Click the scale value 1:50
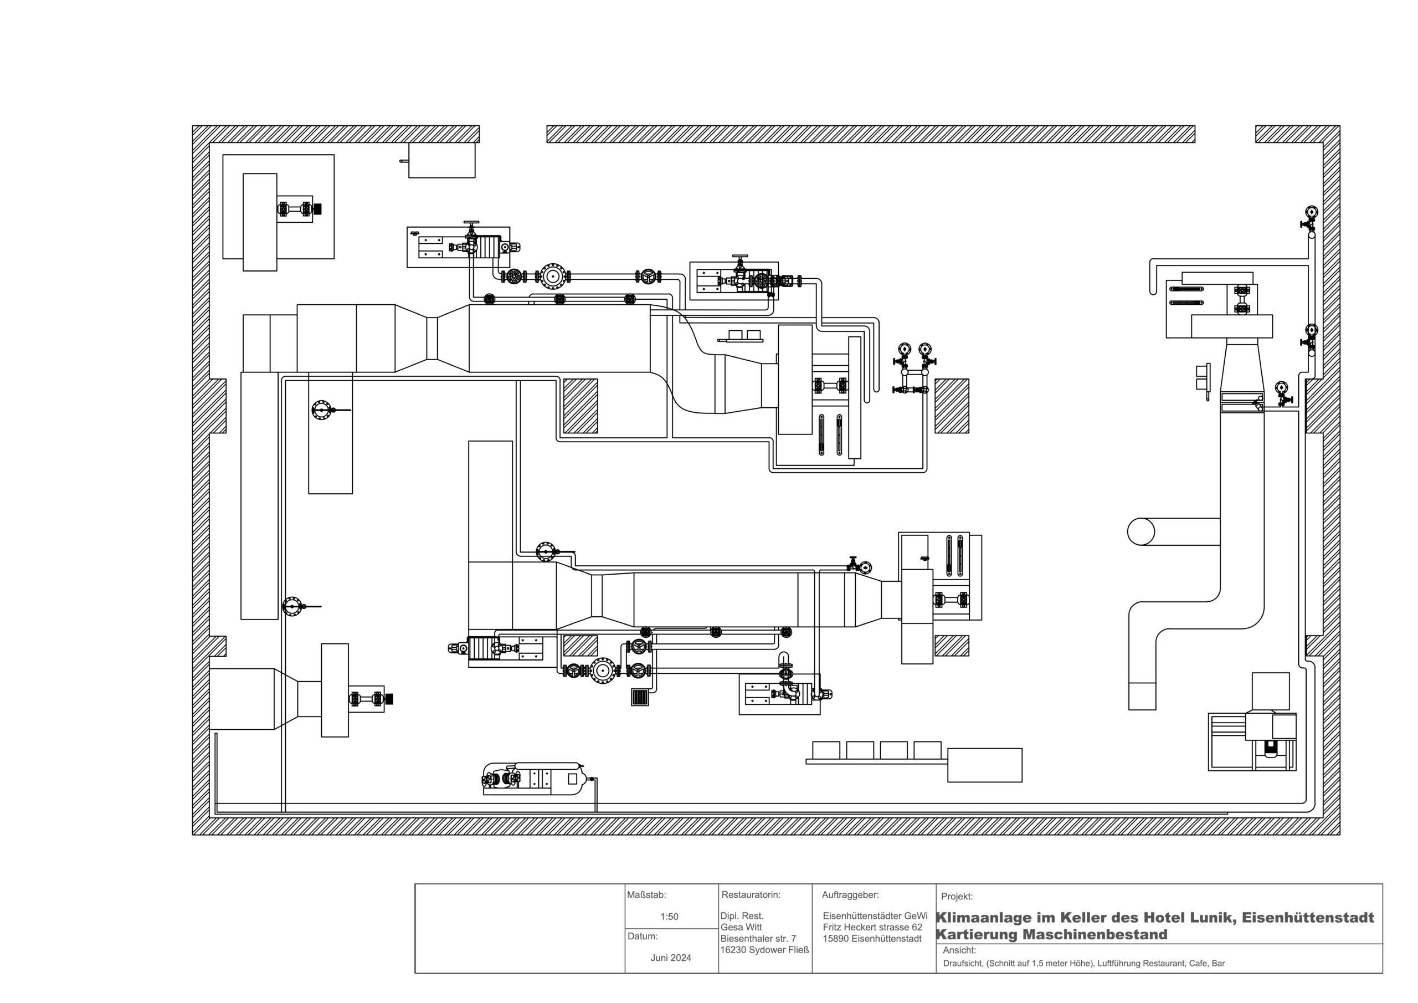[x=669, y=917]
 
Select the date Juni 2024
[x=671, y=958]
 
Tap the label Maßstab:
[x=646, y=895]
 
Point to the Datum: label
[x=643, y=937]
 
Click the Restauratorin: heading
[x=751, y=894]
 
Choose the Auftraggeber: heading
[x=850, y=894]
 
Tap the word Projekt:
[x=957, y=896]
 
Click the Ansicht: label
[x=959, y=950]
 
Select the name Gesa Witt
[x=741, y=927]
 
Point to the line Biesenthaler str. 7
[x=758, y=939]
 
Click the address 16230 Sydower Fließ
[x=764, y=950]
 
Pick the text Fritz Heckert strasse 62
[x=872, y=927]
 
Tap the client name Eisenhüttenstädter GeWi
[x=875, y=916]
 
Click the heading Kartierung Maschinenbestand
[x=1052, y=934]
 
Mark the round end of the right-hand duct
[x=1140, y=531]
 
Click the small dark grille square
[x=640, y=697]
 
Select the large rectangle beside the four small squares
[x=984, y=765]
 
